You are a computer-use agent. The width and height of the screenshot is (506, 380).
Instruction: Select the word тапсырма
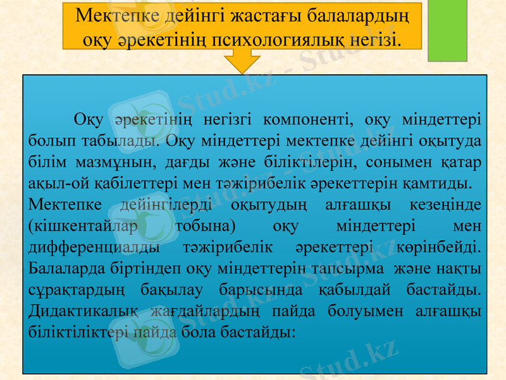(347, 269)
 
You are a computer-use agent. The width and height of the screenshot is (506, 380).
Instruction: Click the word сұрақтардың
(75, 291)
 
